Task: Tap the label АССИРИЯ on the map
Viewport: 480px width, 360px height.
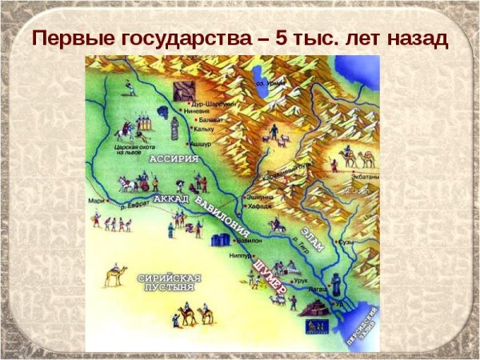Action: pyautogui.click(x=168, y=162)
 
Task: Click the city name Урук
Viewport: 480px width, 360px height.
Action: pyautogui.click(x=301, y=281)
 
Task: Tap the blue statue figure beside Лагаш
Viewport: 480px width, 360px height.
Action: pyautogui.click(x=335, y=284)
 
